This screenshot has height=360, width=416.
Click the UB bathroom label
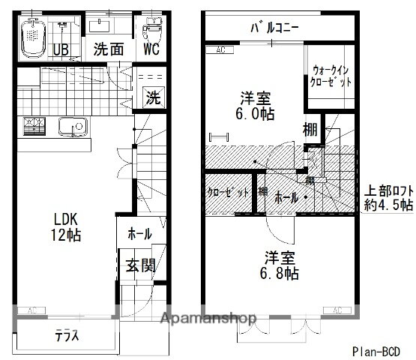point(61,49)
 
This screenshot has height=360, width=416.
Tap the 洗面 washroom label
point(108,49)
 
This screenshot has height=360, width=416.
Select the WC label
point(151,49)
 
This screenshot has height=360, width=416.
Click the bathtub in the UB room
point(32,37)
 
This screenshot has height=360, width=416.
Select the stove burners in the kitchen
point(34,127)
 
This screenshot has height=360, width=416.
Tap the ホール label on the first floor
point(139,234)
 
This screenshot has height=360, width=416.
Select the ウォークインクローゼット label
point(331,77)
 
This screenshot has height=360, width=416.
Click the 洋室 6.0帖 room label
point(256,106)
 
